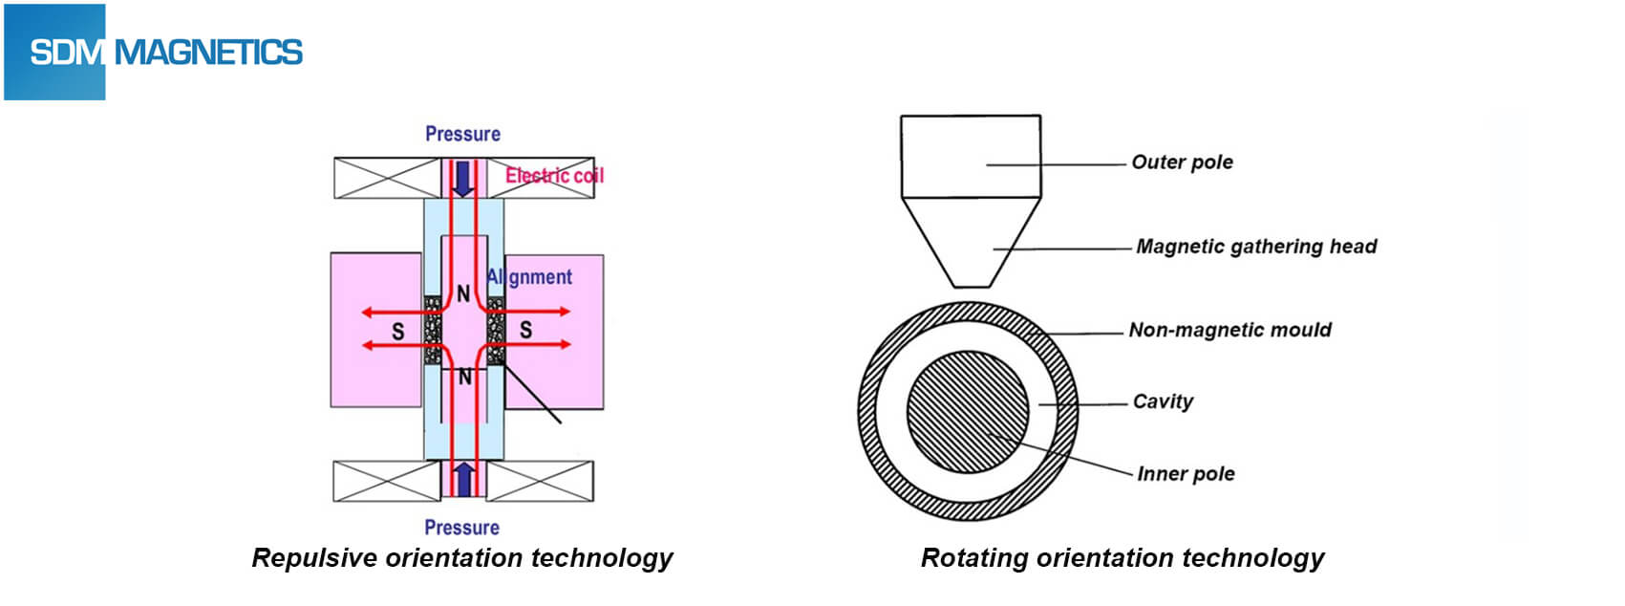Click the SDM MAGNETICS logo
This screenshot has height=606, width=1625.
[x=154, y=52]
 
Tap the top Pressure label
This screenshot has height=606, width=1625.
[x=462, y=134]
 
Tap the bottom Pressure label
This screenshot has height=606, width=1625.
[x=461, y=528]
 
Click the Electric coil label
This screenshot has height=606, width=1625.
[x=554, y=175]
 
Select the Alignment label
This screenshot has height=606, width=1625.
[x=529, y=277]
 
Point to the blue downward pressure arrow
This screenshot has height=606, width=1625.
[x=463, y=178]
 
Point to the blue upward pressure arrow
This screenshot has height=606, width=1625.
[x=463, y=479]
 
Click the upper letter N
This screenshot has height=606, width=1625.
[x=463, y=293]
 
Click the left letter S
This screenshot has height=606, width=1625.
[x=397, y=332]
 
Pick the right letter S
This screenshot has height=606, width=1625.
[x=525, y=331]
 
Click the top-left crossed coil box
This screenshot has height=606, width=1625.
[x=387, y=178]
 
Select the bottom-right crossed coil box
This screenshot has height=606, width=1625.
[x=540, y=481]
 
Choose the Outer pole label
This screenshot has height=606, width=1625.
[x=1182, y=162]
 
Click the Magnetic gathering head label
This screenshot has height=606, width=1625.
[x=1256, y=247]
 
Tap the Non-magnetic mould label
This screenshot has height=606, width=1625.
[x=1229, y=330]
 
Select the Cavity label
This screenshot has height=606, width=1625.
[x=1163, y=401]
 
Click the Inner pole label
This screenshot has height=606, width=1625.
[x=1186, y=474]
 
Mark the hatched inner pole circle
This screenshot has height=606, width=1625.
[x=967, y=411]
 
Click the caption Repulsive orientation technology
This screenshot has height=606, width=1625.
[x=462, y=558]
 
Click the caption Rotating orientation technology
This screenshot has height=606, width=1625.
[x=1123, y=558]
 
